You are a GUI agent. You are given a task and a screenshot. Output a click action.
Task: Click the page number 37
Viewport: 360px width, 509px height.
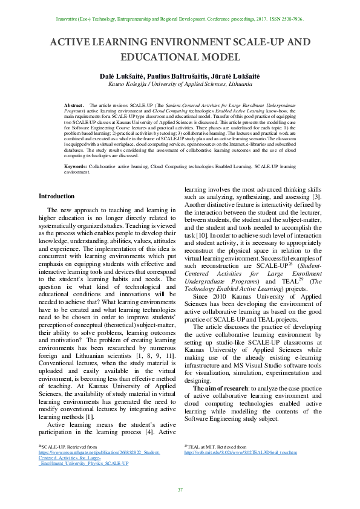click(180, 490)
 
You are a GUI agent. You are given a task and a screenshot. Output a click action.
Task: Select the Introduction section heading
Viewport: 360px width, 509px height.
click(57, 196)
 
